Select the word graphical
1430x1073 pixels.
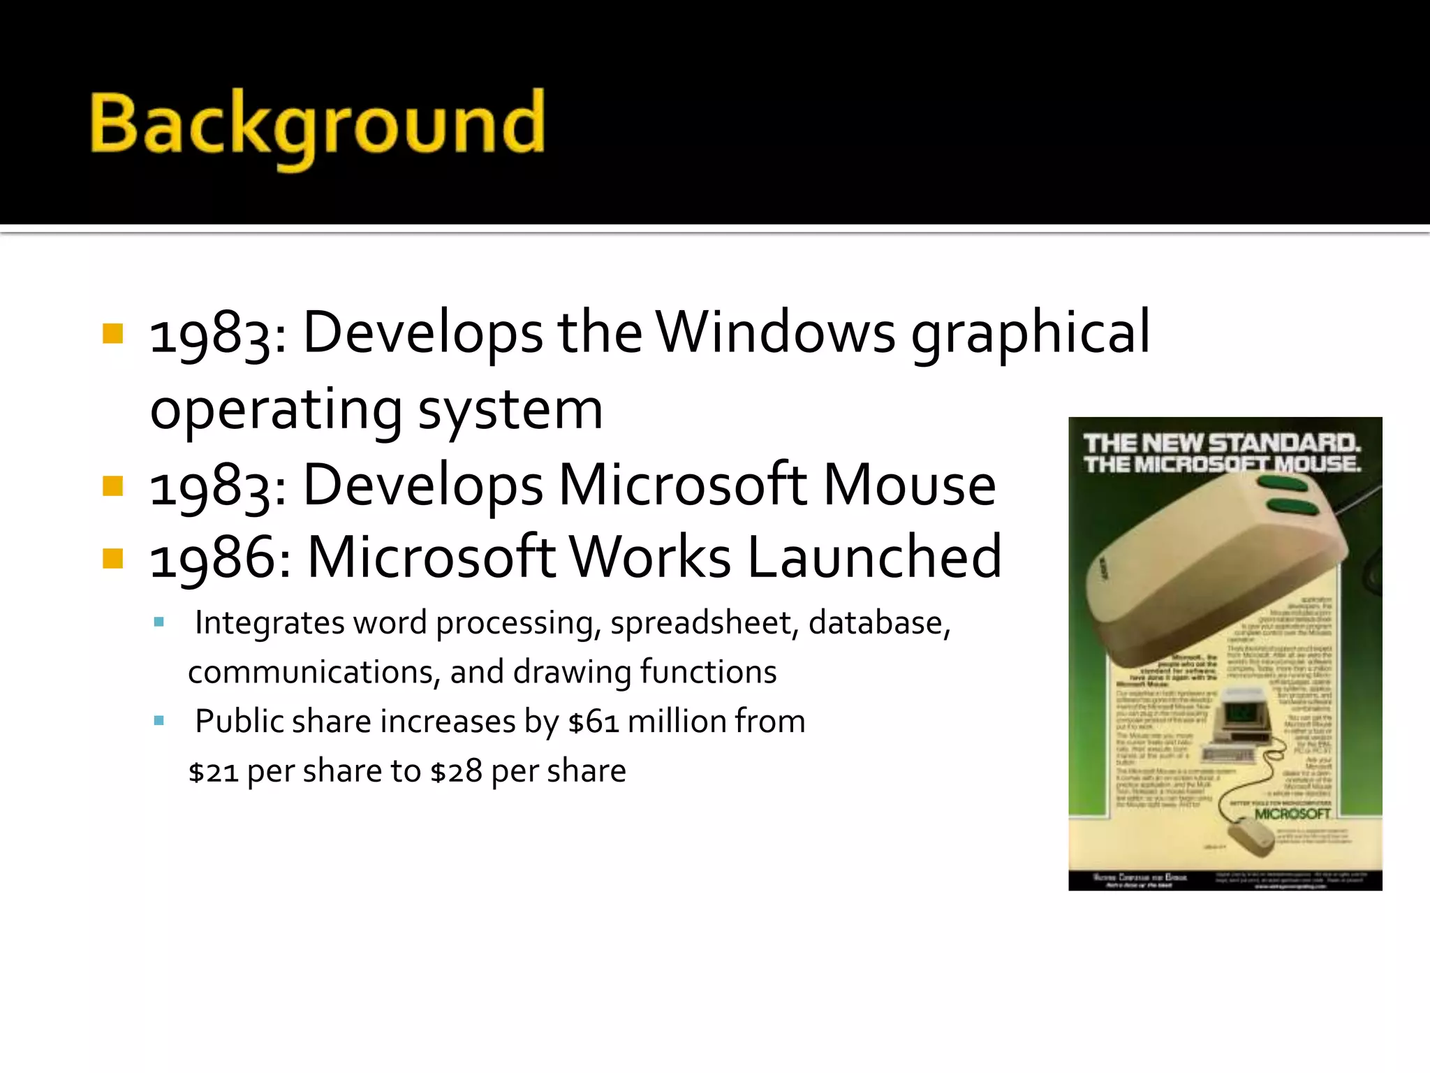coord(1031,334)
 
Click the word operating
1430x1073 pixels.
coord(276,411)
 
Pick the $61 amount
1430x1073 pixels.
coord(594,722)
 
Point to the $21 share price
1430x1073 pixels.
coord(214,772)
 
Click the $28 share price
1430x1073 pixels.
coord(456,772)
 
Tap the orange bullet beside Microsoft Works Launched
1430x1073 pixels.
coord(112,558)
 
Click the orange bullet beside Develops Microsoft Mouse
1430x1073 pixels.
coord(112,485)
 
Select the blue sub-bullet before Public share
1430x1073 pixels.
coord(159,720)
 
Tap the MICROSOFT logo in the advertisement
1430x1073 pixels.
coord(1292,814)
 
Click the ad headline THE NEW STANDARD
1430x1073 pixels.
coord(1222,443)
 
